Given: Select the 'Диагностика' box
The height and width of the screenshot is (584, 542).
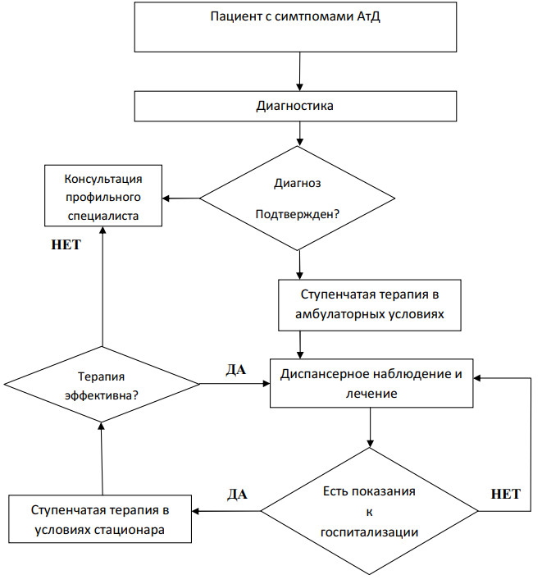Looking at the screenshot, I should click(x=294, y=105).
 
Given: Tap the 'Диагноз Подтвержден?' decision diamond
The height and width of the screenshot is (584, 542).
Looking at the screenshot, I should click(x=299, y=198).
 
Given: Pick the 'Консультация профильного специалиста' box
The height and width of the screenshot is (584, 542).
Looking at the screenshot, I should click(x=103, y=197).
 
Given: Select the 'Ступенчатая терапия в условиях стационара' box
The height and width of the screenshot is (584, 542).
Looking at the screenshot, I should click(x=101, y=518).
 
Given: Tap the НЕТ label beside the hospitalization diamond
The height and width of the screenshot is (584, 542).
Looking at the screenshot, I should click(x=504, y=495).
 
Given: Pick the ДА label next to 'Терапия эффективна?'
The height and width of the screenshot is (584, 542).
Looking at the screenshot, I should click(x=236, y=369).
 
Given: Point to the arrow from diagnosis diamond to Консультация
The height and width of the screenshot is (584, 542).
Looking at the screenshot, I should click(x=182, y=198).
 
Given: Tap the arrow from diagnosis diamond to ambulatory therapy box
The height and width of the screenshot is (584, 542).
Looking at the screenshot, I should click(x=301, y=265).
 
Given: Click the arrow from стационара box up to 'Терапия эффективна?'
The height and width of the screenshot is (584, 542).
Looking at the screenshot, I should click(x=102, y=459).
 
